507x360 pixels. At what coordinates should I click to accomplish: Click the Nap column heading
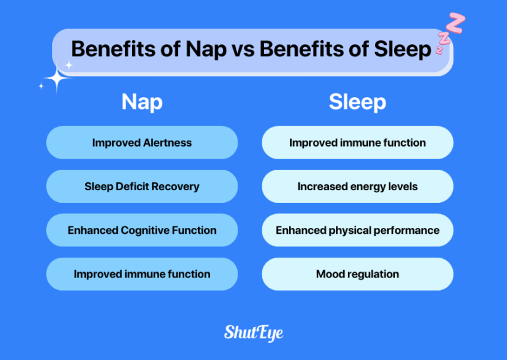[141, 102]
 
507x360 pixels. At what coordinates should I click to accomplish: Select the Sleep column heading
[357, 102]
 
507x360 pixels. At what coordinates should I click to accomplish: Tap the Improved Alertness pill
[142, 143]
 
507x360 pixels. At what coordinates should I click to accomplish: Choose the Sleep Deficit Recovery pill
[142, 186]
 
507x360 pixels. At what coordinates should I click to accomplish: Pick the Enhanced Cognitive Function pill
[142, 231]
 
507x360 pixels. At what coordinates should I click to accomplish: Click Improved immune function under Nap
[142, 274]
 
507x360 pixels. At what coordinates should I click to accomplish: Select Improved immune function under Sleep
[357, 143]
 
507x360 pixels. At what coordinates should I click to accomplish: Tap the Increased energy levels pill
[357, 186]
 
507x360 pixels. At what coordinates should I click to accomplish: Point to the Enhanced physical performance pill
[357, 231]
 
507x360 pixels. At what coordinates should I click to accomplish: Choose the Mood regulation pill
[357, 274]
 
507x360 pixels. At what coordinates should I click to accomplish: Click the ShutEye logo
[253, 332]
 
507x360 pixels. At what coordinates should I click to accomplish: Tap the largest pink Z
[456, 22]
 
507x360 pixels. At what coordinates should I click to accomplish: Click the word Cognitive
[149, 231]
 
